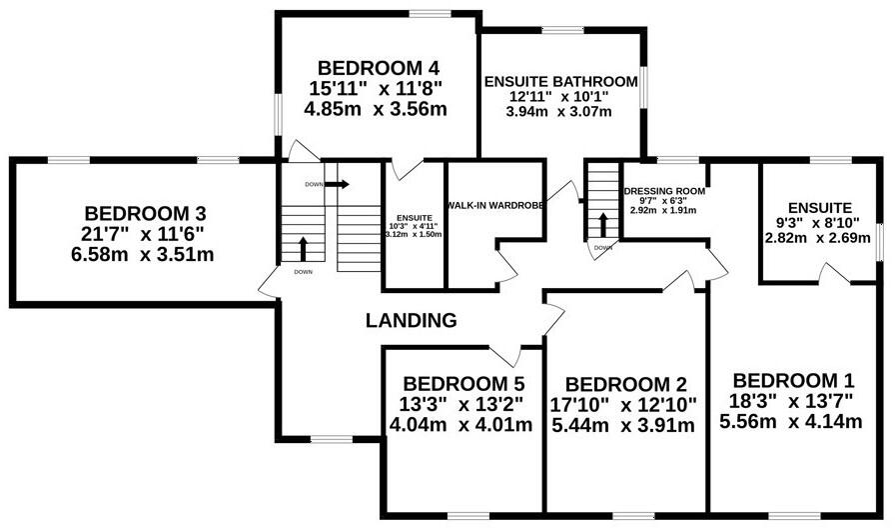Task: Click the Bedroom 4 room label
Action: coord(379,69)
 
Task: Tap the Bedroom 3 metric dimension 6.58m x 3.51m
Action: coord(143,254)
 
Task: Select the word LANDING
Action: coord(411,321)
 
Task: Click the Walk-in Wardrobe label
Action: coord(495,205)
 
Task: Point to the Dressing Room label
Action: coord(664,191)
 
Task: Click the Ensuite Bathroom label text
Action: coord(561,82)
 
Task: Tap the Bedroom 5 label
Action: coord(463,383)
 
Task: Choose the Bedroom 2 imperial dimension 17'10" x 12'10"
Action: coord(623,405)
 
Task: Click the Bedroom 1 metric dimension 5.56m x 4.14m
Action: coord(790,422)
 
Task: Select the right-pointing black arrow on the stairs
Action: coord(337,184)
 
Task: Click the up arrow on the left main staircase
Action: coord(303,249)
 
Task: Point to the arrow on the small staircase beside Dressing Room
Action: coord(602,225)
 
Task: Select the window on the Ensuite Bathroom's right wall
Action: coord(643,87)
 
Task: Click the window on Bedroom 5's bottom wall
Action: coord(468,516)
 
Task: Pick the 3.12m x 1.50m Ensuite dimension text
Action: coord(414,234)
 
